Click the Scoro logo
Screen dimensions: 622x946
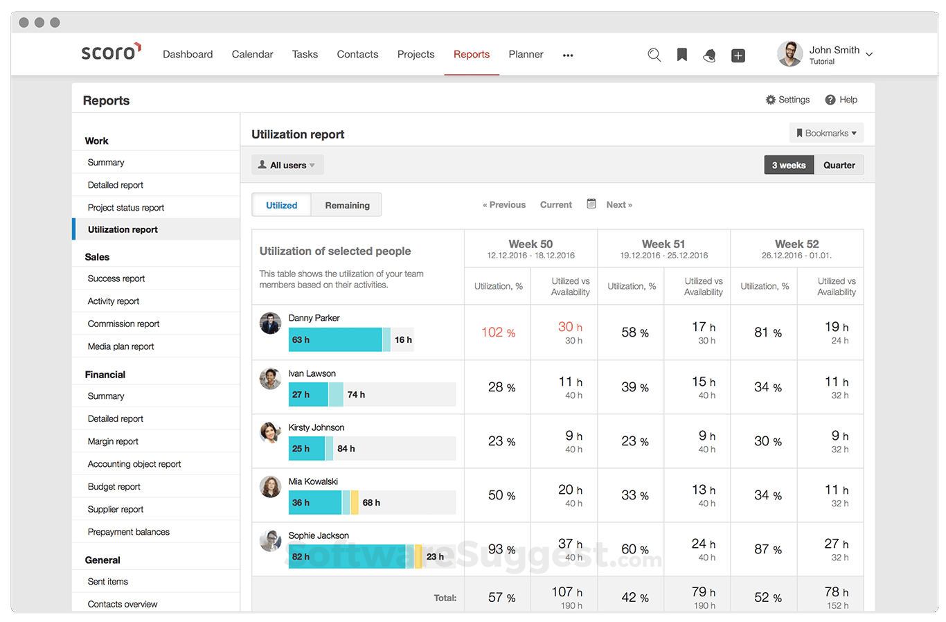111,53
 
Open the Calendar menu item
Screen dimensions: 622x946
252,55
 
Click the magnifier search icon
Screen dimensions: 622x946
654,55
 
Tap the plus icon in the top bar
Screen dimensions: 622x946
738,55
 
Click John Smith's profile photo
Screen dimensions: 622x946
789,54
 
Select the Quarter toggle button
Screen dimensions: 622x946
839,166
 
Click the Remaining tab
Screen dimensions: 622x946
347,205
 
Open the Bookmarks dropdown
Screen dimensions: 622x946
826,133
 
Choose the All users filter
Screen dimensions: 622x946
287,166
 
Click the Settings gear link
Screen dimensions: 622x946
787,100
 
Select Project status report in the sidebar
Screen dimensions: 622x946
126,208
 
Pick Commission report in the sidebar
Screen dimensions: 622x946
123,324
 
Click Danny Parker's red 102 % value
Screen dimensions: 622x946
498,332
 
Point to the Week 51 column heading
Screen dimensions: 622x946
663,245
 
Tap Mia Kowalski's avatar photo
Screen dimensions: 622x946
270,486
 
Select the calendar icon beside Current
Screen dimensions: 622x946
591,204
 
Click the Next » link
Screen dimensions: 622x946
619,205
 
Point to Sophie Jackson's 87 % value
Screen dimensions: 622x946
767,549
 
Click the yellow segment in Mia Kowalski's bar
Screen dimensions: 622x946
355,502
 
